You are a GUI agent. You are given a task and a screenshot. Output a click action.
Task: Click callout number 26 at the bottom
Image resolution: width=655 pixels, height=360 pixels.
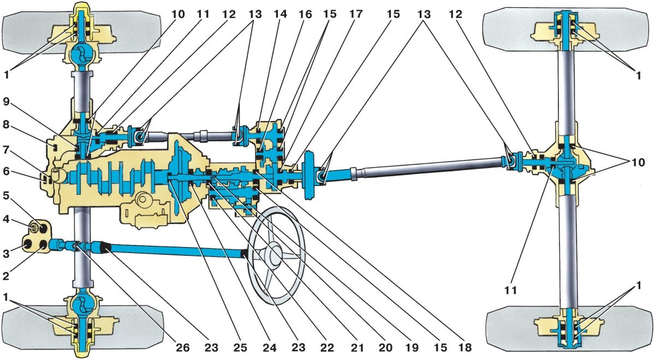click(x=182, y=347)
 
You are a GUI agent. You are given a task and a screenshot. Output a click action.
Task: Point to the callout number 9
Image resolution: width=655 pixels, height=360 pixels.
click(x=7, y=101)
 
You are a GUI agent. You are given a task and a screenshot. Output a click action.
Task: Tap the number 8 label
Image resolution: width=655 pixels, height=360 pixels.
click(x=6, y=125)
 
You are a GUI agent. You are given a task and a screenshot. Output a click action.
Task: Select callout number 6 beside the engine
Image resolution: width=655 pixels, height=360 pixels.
click(x=6, y=171)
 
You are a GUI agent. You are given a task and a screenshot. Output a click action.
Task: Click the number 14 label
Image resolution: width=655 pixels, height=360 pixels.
click(x=280, y=14)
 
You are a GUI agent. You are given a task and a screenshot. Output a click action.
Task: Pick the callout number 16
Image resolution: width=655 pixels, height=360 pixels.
click(x=305, y=14)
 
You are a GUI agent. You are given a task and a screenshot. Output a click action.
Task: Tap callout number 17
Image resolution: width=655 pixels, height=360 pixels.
click(x=356, y=14)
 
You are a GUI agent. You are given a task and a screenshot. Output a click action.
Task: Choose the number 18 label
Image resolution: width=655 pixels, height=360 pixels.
click(x=465, y=347)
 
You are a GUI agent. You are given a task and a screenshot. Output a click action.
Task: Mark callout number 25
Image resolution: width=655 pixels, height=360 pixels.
click(x=240, y=347)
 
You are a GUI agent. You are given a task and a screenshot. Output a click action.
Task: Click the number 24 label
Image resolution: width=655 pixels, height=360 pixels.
click(x=269, y=347)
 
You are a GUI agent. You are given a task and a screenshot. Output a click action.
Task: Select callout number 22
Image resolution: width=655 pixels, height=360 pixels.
click(x=327, y=347)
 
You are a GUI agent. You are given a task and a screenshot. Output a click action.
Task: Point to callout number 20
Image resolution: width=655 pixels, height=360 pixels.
click(x=385, y=347)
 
